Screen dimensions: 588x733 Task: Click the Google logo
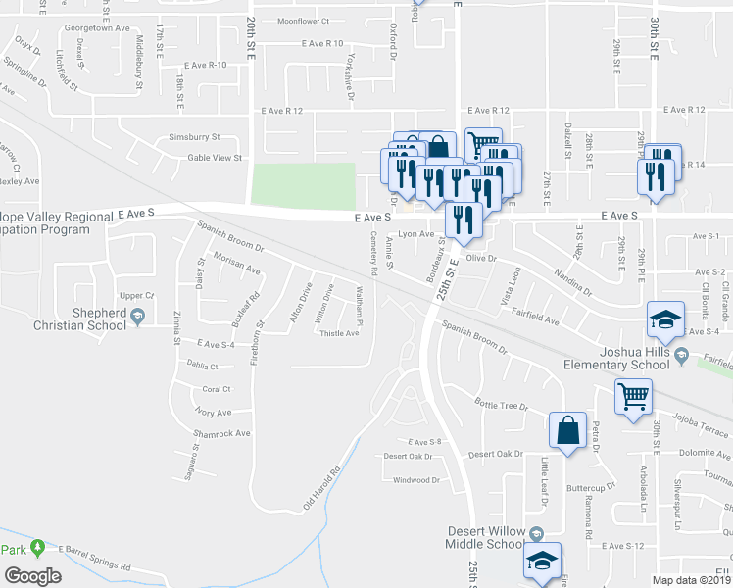coord(32,576)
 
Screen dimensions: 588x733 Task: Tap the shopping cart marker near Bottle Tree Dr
coord(634,397)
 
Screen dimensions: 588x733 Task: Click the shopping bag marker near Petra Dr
coord(568,429)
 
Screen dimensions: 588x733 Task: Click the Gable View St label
coord(215,157)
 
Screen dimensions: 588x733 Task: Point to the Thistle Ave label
coord(340,333)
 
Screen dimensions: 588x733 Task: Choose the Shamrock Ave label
coord(221,433)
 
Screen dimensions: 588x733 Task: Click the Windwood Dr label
coord(416,480)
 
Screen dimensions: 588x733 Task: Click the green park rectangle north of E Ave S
coord(304,183)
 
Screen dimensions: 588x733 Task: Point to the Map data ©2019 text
coord(692,579)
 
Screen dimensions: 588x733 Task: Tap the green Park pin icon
coord(38,547)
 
